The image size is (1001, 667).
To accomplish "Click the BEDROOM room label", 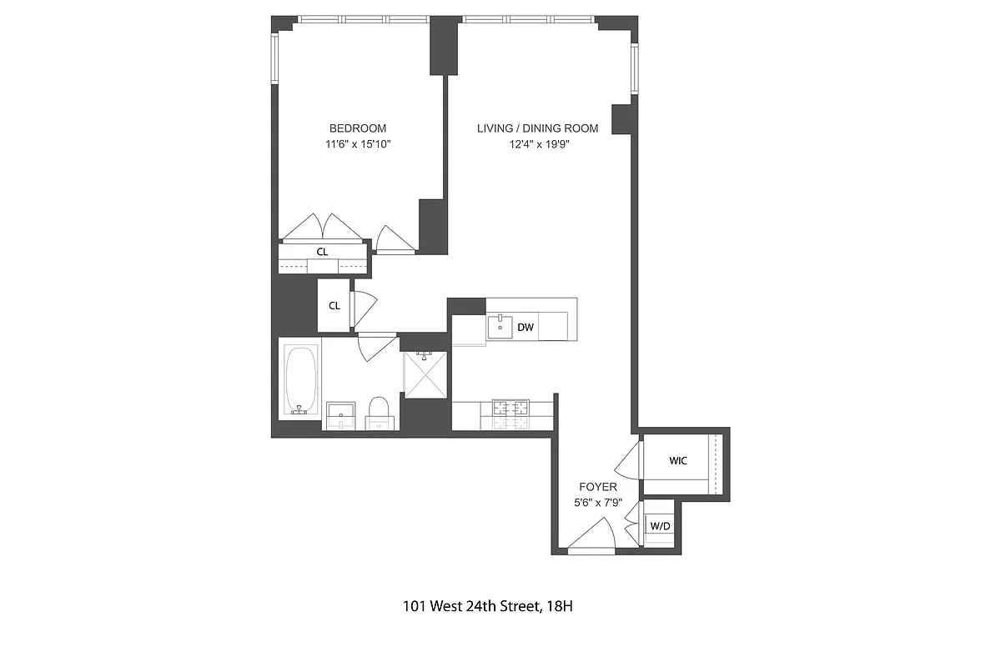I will [x=358, y=128].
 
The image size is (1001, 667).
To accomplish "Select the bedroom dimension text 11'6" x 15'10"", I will [x=358, y=144].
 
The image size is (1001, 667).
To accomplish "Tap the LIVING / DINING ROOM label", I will [x=537, y=128].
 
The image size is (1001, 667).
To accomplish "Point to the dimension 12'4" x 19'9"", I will [x=537, y=144].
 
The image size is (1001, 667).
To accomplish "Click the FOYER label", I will [x=598, y=487].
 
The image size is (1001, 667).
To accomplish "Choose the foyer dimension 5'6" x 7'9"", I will [x=598, y=502].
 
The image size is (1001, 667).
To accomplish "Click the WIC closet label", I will [x=678, y=461].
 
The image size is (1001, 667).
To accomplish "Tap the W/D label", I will [x=660, y=526].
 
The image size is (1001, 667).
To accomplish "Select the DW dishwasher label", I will [x=525, y=328].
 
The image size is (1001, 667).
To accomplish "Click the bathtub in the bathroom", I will [x=300, y=381].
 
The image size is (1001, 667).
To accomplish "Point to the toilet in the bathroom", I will [x=380, y=412].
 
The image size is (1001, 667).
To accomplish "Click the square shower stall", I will [x=425, y=374].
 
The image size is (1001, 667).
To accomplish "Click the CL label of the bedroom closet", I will [x=322, y=251].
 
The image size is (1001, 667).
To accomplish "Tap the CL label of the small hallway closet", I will [x=334, y=306].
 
